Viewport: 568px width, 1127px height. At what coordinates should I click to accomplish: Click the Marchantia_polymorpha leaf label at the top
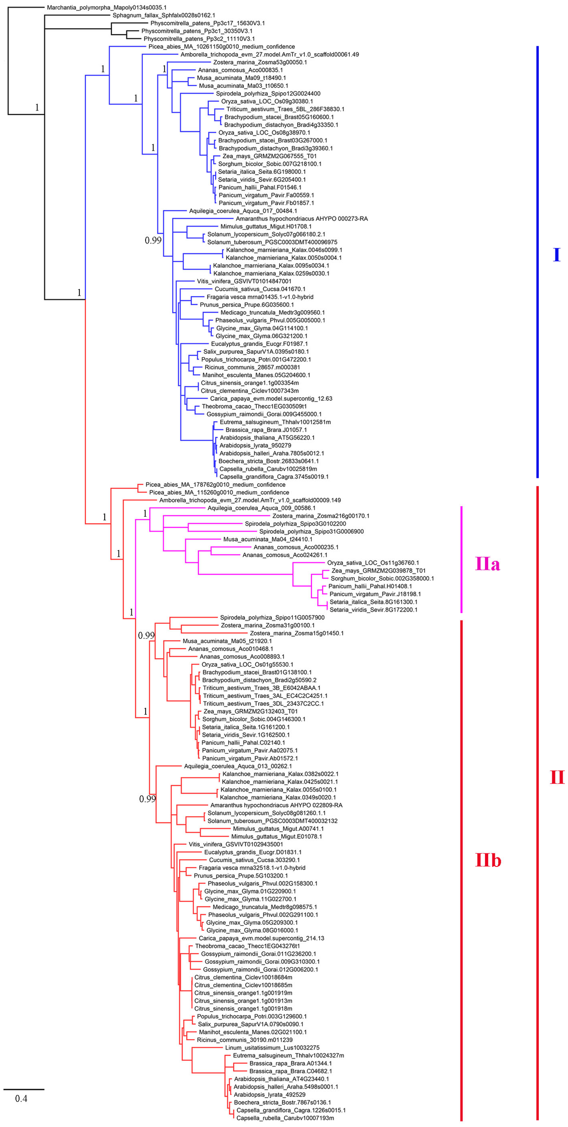106,8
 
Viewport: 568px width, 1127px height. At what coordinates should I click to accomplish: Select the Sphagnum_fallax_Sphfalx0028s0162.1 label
164,15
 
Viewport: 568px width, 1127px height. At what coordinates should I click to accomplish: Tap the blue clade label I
556,255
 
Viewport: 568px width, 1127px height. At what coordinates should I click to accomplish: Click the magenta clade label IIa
487,564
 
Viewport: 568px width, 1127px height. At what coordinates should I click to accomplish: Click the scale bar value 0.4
21,1099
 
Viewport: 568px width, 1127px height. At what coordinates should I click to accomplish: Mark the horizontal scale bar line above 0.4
24,1089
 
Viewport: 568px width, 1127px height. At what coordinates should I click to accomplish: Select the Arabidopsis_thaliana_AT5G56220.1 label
267,438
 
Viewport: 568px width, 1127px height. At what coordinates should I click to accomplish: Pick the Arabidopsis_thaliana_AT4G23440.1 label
281,1079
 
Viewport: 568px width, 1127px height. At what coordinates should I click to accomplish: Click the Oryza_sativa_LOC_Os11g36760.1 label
373,563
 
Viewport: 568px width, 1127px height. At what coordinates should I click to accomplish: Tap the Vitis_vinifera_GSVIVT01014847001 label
244,281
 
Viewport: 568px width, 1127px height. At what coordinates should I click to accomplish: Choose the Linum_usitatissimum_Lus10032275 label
272,1048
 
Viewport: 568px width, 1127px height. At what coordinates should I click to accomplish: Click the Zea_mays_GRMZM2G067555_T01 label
269,156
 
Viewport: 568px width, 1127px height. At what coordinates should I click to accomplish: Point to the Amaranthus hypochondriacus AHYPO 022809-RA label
276,805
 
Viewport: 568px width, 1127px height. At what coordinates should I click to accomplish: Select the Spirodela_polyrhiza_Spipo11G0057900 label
272,618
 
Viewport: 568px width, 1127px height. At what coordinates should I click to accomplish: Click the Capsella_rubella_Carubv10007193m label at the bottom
285,1118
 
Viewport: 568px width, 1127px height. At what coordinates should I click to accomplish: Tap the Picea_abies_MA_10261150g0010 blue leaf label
221,46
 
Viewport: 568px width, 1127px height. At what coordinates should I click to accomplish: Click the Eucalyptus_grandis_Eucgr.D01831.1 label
252,852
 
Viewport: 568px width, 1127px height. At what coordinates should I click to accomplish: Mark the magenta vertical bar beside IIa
461,559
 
